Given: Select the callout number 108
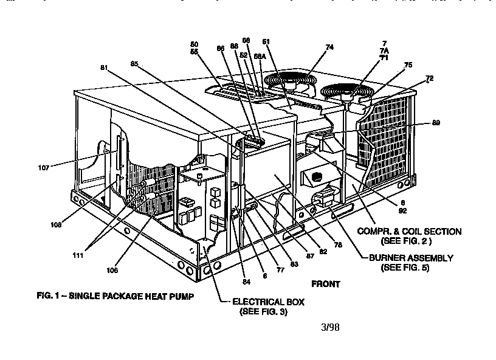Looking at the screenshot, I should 55,225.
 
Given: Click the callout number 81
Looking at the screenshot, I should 105,68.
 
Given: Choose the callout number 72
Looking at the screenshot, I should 429,78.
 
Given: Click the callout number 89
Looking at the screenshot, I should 435,122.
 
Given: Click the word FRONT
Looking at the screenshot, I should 325,283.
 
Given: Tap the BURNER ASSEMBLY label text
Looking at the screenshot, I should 411,258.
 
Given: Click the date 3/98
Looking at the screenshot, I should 329,327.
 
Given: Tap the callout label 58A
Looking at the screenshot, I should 260,56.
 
